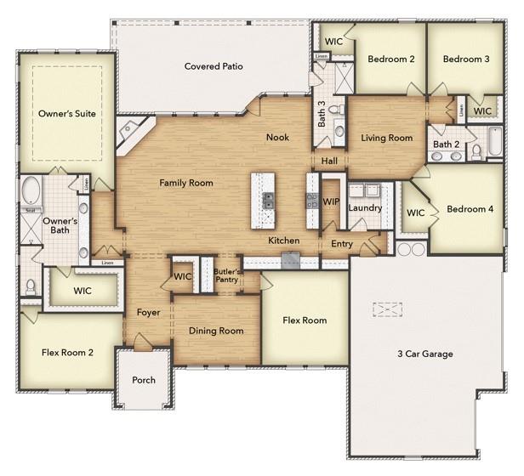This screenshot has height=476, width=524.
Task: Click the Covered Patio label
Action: (x=214, y=65)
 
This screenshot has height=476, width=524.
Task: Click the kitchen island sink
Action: (x=268, y=201)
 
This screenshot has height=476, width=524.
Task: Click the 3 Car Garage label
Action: (x=424, y=354)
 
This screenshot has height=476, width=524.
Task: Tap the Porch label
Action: (x=144, y=380)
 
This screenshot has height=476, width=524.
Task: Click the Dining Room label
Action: (x=216, y=331)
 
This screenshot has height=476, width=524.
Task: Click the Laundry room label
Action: (x=365, y=207)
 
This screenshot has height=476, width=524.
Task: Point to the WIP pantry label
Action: (x=331, y=201)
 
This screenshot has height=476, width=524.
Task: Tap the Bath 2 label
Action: (x=446, y=144)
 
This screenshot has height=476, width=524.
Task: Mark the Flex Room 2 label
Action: (x=67, y=351)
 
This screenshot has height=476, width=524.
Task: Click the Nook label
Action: (x=277, y=137)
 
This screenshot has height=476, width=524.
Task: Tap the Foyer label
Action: (x=149, y=312)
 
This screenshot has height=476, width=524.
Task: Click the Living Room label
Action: (x=386, y=138)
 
